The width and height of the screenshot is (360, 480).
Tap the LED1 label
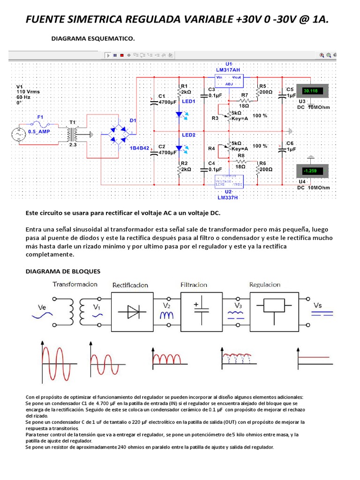click(188, 101)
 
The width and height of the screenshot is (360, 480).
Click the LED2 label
click(188, 135)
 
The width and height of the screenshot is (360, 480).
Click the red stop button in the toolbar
click(122, 55)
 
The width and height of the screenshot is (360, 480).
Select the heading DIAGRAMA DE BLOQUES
click(63, 271)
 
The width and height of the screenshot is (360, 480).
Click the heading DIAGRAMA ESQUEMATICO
click(93, 39)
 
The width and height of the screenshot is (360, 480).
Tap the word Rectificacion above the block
click(130, 285)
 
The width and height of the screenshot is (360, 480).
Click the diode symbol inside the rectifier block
click(130, 310)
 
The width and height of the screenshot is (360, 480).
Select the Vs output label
click(318, 306)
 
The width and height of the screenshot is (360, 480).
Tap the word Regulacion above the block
click(265, 285)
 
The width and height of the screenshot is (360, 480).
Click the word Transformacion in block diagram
click(75, 284)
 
